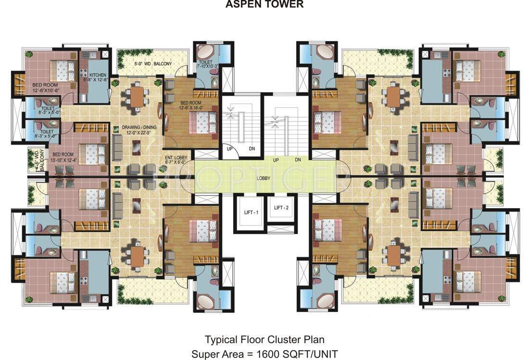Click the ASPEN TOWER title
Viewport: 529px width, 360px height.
264,5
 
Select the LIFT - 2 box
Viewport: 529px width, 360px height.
281,208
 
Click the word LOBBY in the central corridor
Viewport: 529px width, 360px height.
263,178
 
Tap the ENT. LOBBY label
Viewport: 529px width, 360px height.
176,160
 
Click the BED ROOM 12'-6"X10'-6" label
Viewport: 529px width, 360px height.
45,87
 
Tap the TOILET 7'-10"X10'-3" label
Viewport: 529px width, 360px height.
208,64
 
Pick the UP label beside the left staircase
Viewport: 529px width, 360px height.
229,149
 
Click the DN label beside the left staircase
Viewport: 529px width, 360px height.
252,149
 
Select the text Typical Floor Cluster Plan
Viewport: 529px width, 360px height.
264,339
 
